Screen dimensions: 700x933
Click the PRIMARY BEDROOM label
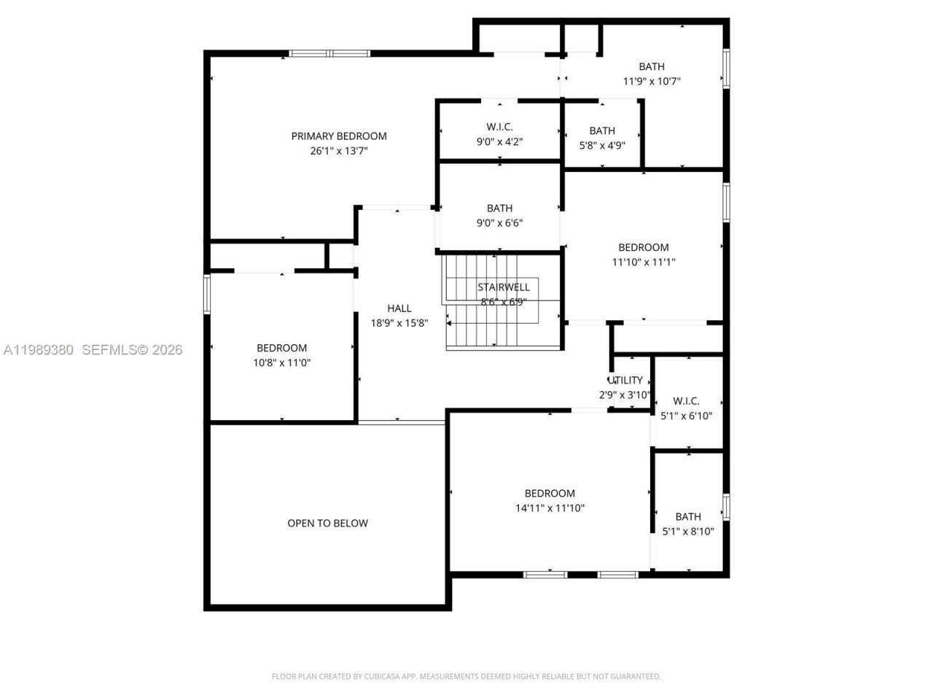click(x=339, y=136)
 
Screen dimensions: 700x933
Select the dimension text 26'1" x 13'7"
click(x=339, y=151)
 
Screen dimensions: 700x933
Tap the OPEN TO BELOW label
click(x=327, y=523)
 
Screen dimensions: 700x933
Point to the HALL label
click(x=399, y=308)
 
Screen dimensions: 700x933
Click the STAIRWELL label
click(x=504, y=287)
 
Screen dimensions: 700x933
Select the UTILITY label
click(x=625, y=380)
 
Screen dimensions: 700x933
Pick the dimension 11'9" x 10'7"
click(x=652, y=82)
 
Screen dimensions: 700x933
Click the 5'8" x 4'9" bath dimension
click(x=602, y=145)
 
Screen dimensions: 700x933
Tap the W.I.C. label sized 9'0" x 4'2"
click(x=500, y=127)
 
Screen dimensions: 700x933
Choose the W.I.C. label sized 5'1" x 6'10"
click(x=686, y=401)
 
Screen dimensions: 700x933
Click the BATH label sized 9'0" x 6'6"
click(x=500, y=208)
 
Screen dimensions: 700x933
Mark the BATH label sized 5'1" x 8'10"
click(x=688, y=516)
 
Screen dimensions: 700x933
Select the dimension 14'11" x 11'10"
click(x=550, y=508)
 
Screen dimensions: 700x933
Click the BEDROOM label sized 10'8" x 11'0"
click(x=281, y=348)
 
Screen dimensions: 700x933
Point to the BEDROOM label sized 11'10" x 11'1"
click(x=644, y=247)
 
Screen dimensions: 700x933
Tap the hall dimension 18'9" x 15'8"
click(x=399, y=323)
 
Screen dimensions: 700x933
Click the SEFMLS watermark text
click(x=131, y=350)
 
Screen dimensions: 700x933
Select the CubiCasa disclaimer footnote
click(x=466, y=677)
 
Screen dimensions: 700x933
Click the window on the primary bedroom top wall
click(x=329, y=53)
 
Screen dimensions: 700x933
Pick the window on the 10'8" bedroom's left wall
click(x=207, y=294)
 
